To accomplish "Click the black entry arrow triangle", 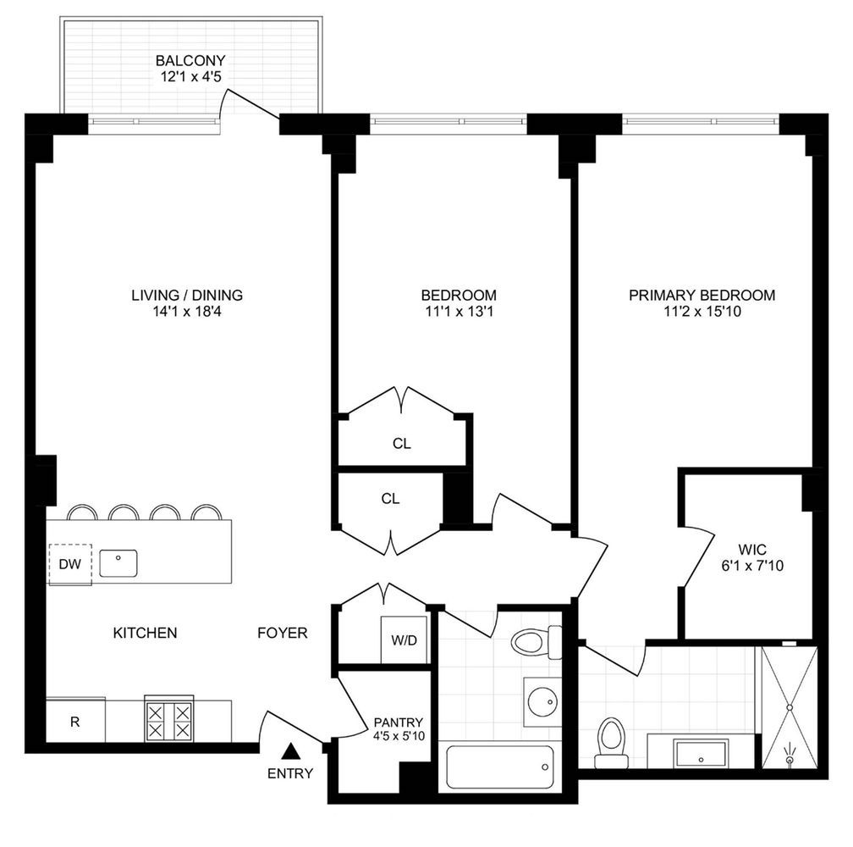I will (x=290, y=750).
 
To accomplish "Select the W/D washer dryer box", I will (x=404, y=639).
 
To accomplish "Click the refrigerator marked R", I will (x=75, y=722).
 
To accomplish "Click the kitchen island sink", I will (x=118, y=562).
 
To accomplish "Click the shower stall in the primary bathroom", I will (x=789, y=707).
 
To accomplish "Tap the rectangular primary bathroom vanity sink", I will (x=701, y=751).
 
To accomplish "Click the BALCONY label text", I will (x=190, y=61).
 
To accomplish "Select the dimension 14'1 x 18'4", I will (x=187, y=312).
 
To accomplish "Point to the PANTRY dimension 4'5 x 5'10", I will (x=399, y=736).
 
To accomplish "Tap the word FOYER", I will (x=283, y=633).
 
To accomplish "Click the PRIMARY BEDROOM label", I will (x=702, y=296).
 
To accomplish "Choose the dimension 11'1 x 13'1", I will (x=459, y=312).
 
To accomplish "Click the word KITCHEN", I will (x=145, y=633).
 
